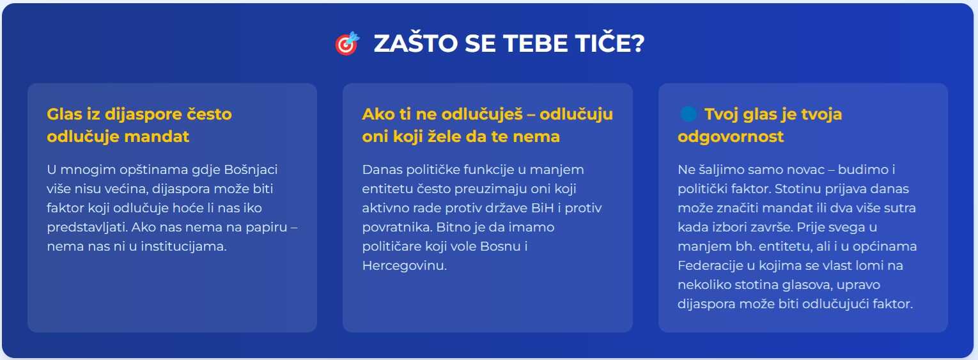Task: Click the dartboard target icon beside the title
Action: point(347,43)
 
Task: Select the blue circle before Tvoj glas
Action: point(688,114)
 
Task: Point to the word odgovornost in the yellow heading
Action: point(731,137)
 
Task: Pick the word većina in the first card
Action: point(128,189)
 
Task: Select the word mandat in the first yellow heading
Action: point(157,137)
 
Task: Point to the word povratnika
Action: point(397,228)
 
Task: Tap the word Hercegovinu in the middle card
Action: point(404,265)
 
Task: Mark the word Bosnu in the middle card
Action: point(501,246)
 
